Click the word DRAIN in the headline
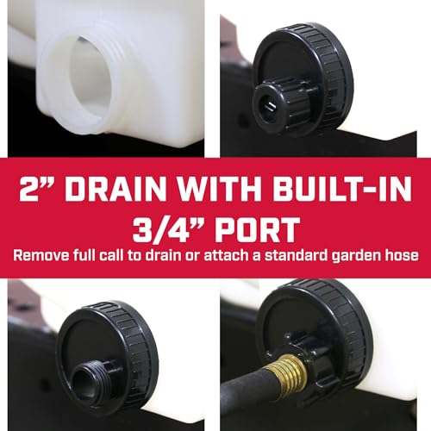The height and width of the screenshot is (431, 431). [116, 189]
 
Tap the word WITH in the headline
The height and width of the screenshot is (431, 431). [220, 189]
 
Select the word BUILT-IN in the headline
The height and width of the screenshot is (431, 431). [342, 189]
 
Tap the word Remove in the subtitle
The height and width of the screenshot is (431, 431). [41, 255]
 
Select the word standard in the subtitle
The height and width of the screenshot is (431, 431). [296, 255]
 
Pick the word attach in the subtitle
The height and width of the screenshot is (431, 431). [227, 255]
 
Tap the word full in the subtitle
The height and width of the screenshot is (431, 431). [84, 255]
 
